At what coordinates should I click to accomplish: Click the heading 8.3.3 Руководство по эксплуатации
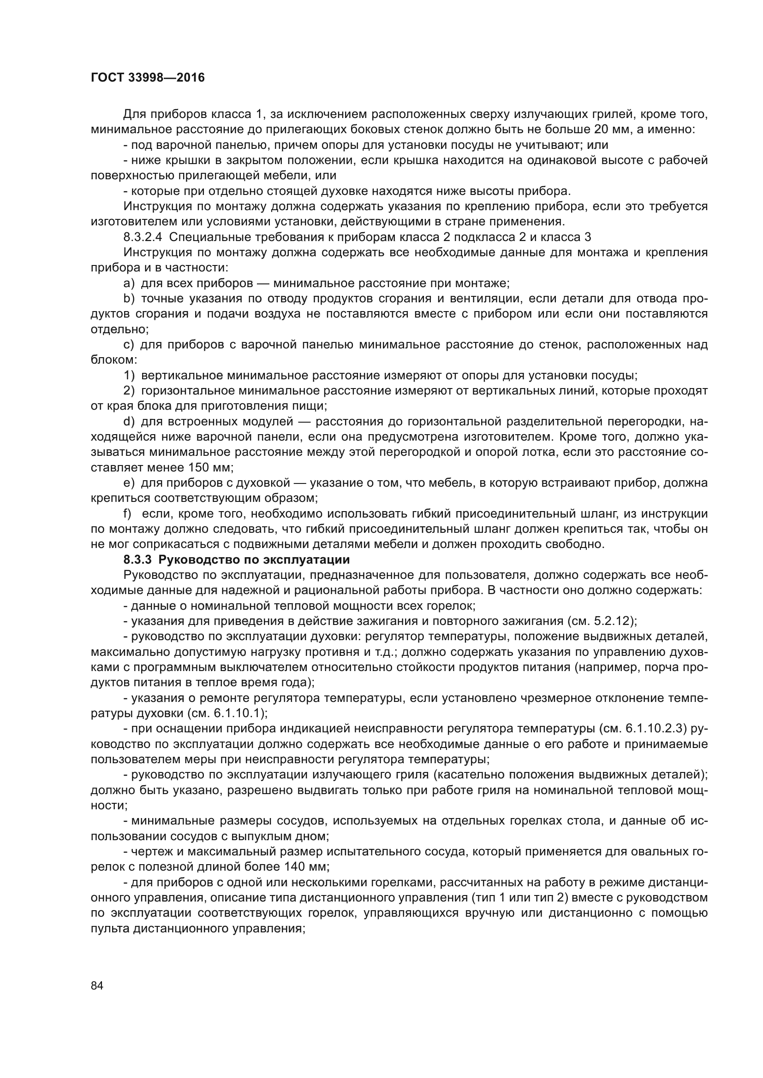[x=236, y=560]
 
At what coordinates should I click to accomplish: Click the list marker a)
[x=129, y=283]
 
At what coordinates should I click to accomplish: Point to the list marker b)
[x=129, y=299]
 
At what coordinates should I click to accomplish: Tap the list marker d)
[x=129, y=422]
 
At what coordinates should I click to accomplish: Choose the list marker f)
[x=127, y=513]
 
